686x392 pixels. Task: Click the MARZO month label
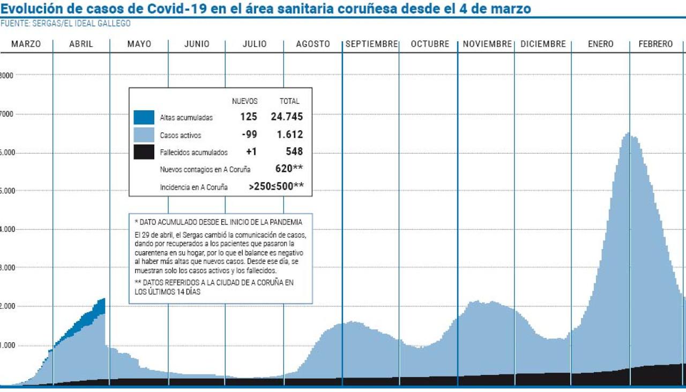click(x=26, y=44)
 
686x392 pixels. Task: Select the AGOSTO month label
click(x=313, y=44)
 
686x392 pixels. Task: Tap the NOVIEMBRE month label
click(x=487, y=44)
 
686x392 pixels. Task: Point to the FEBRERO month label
click(x=655, y=44)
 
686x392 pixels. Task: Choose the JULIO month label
click(x=255, y=44)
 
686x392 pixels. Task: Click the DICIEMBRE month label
click(x=543, y=44)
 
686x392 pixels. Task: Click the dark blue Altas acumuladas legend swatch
click(x=144, y=117)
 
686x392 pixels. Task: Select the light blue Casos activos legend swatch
click(x=144, y=135)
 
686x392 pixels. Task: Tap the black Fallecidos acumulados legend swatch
click(x=144, y=152)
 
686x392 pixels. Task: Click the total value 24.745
click(x=287, y=117)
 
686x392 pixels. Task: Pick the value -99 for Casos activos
click(x=249, y=134)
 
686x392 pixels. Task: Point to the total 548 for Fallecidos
click(x=294, y=152)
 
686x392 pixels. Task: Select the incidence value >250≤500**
click(x=277, y=186)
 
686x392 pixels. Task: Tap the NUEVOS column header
click(x=244, y=101)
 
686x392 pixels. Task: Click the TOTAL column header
click(x=289, y=101)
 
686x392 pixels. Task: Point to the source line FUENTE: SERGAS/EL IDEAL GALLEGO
click(x=65, y=24)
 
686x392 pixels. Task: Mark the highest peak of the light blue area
click(x=628, y=134)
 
